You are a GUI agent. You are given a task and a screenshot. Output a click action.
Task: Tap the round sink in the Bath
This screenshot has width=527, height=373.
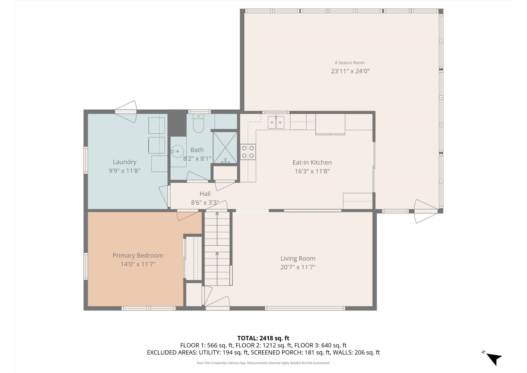click(177, 151)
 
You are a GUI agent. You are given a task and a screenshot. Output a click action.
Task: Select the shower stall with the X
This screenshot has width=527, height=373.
click(225, 147)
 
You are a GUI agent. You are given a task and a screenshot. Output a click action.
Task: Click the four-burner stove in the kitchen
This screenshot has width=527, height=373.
click(248, 152)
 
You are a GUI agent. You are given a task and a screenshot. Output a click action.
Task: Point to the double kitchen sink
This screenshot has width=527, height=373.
click(276, 122)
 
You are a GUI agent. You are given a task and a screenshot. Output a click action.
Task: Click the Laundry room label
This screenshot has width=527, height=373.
click(124, 162)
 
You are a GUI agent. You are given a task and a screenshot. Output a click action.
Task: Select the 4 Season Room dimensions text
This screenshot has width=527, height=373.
click(350, 71)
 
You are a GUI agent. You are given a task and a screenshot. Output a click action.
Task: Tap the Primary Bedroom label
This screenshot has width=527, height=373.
click(138, 255)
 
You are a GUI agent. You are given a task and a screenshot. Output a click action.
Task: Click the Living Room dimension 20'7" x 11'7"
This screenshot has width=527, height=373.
click(298, 267)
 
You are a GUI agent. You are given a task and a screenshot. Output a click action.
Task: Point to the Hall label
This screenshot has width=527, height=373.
click(205, 194)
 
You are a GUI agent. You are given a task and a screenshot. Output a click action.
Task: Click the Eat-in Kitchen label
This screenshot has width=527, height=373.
click(312, 162)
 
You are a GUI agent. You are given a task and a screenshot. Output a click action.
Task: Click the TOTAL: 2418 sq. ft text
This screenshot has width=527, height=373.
click(263, 338)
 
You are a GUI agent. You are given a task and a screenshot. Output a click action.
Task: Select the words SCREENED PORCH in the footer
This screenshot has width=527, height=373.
click(276, 352)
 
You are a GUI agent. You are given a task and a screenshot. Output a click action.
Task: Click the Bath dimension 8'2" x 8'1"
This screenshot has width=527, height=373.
click(197, 159)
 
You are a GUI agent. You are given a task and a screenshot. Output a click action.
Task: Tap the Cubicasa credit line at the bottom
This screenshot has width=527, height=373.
click(263, 363)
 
